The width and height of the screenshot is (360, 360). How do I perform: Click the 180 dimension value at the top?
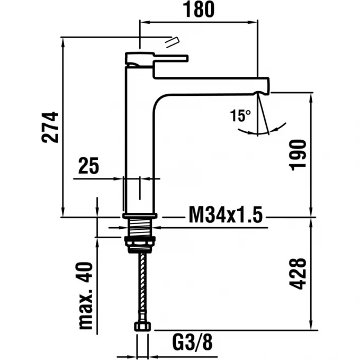[x=200, y=9]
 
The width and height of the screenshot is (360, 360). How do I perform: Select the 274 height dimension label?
[x=50, y=127]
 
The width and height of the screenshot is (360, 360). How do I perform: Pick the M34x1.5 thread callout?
[x=226, y=216]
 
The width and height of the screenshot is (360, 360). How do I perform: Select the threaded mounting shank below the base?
[x=140, y=228]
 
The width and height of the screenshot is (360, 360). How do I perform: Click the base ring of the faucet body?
[x=140, y=215]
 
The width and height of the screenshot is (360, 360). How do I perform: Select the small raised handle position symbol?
[x=172, y=42]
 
